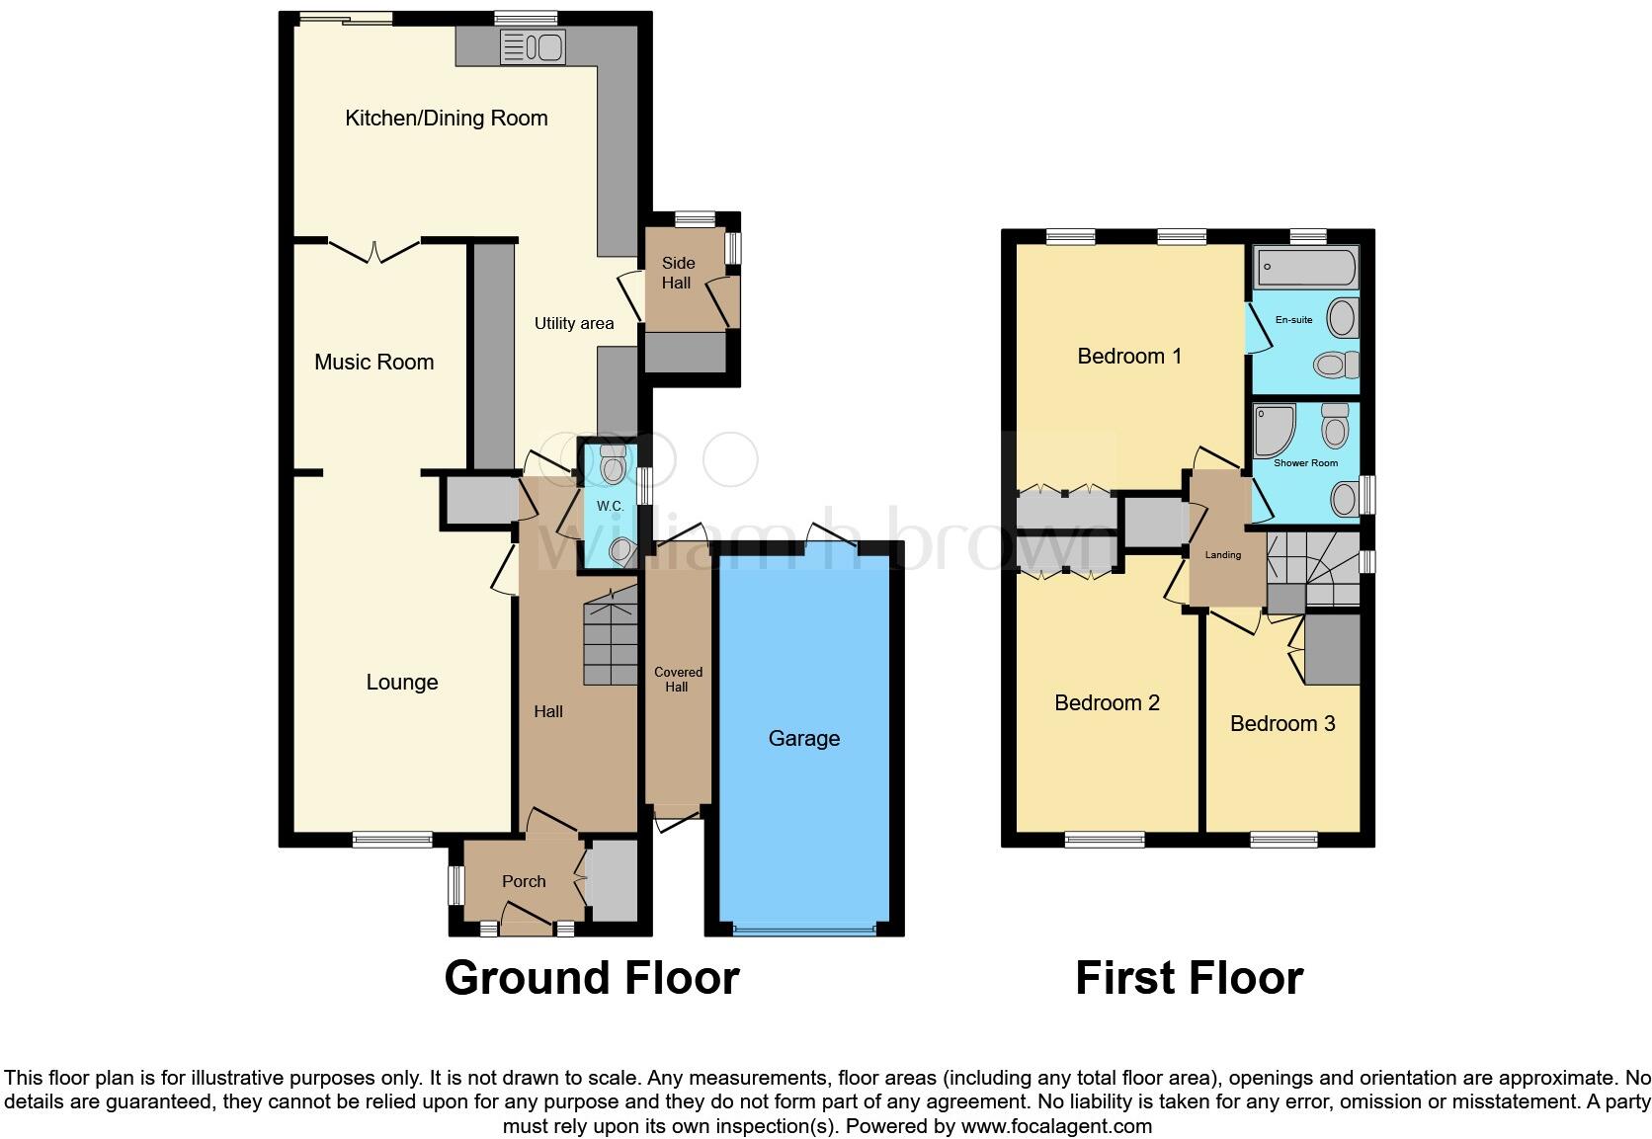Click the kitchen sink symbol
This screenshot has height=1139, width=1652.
pyautogui.click(x=532, y=47)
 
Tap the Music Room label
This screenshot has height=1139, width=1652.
pyautogui.click(x=373, y=363)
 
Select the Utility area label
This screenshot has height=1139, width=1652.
pyautogui.click(x=573, y=323)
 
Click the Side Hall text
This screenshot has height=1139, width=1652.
pyautogui.click(x=678, y=273)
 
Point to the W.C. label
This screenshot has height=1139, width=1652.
pyautogui.click(x=610, y=506)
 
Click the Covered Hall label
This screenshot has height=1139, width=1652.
pyautogui.click(x=678, y=680)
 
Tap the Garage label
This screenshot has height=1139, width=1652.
pyautogui.click(x=803, y=738)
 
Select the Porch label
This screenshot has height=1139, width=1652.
pyautogui.click(x=523, y=881)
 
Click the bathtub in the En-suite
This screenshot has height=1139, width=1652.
pyautogui.click(x=1305, y=267)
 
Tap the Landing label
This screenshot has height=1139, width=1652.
pyautogui.click(x=1222, y=555)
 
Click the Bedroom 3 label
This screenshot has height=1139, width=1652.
pyautogui.click(x=1281, y=724)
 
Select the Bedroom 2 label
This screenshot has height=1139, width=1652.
pyautogui.click(x=1107, y=703)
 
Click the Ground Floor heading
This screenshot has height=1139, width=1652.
pyautogui.click(x=591, y=978)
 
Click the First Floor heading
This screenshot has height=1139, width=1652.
pyautogui.click(x=1189, y=978)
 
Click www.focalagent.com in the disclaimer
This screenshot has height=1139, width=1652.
pyautogui.click(x=1055, y=1126)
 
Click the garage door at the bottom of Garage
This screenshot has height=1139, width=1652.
pyautogui.click(x=804, y=929)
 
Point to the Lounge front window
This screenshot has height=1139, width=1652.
pyautogui.click(x=392, y=840)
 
